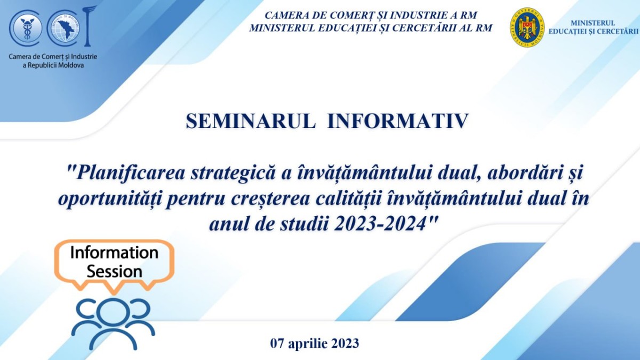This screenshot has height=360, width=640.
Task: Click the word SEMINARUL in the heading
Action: [250, 121]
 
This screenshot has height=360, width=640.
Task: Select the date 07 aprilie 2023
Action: [315, 343]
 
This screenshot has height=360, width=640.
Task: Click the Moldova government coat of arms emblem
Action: [527, 28]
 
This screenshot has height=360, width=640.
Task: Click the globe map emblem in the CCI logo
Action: [66, 28]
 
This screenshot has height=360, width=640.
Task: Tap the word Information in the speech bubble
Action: [114, 253]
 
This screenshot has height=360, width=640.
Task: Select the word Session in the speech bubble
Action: [114, 271]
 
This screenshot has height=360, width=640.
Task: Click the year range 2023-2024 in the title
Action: [380, 225]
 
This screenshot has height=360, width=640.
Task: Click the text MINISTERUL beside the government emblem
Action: [593, 23]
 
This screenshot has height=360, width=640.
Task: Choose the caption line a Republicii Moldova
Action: [53, 66]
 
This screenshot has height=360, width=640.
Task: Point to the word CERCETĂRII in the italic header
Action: [430, 28]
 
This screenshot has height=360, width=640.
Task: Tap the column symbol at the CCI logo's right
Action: [87, 26]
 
